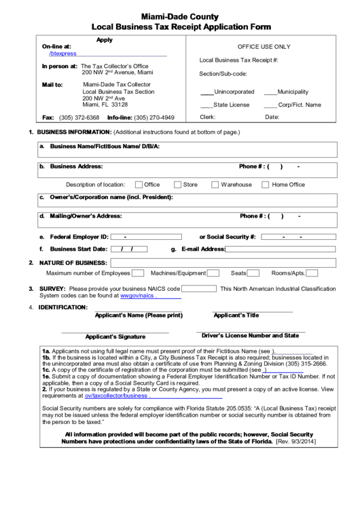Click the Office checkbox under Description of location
(x=139, y=184)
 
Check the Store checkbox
(x=177, y=184)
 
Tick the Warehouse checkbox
(x=215, y=184)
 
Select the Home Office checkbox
(x=266, y=184)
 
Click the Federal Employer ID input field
(x=146, y=237)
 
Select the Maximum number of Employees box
(x=137, y=273)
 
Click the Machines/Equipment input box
(x=213, y=273)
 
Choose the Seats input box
(x=254, y=273)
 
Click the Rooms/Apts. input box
(x=311, y=273)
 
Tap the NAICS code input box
(x=199, y=289)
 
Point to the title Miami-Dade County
(x=180, y=14)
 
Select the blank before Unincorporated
(x=206, y=92)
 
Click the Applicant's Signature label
(x=115, y=337)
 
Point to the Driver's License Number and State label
(x=250, y=336)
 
